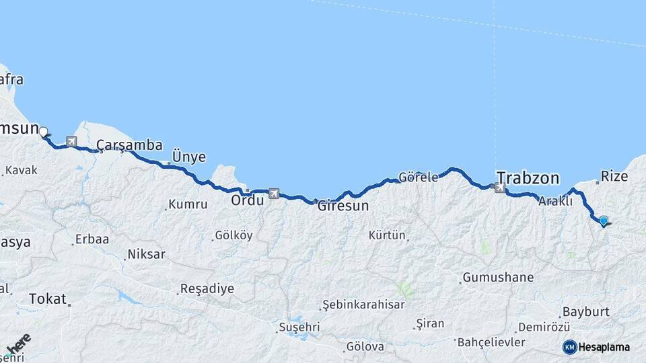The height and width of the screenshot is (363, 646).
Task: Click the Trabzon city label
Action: (x=528, y=178)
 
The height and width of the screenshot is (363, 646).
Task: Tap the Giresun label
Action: (x=343, y=206)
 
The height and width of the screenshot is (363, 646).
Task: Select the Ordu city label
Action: (x=247, y=200)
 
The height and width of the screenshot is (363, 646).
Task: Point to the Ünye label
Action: (x=189, y=156)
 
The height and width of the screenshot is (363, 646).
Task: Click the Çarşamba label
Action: (x=129, y=145)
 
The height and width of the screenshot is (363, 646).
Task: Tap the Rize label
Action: (x=614, y=176)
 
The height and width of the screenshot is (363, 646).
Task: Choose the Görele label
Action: (x=418, y=177)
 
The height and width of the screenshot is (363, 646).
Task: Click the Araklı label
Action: (x=555, y=200)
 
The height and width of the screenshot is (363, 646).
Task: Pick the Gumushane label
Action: (x=497, y=277)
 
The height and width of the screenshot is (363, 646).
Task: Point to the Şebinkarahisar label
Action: (x=363, y=305)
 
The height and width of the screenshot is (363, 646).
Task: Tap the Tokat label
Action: (x=48, y=298)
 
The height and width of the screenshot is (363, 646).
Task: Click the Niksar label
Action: (x=145, y=255)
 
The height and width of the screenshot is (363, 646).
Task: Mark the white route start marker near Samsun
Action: (x=44, y=132)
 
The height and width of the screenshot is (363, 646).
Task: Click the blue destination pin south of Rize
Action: (x=604, y=220)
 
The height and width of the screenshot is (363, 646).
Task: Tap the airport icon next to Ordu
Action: (x=273, y=194)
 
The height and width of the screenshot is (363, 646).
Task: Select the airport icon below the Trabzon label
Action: (x=499, y=188)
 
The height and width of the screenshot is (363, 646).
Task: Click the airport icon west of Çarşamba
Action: (x=71, y=142)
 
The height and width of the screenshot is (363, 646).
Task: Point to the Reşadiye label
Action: (x=207, y=289)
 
